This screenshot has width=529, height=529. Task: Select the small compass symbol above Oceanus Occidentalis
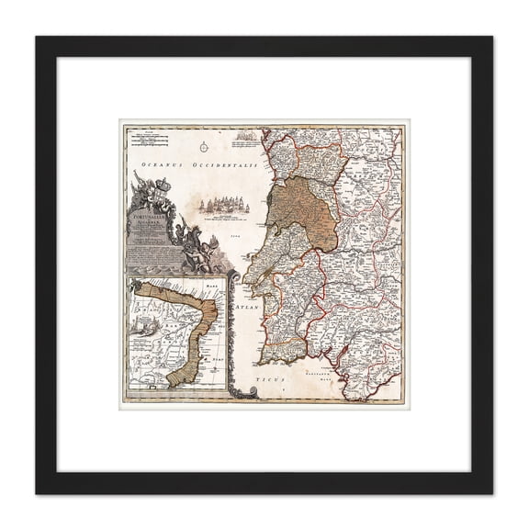point(203,143)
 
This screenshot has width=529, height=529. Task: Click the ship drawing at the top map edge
point(242,138)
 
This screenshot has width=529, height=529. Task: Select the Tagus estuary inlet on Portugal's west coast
point(261,286)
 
